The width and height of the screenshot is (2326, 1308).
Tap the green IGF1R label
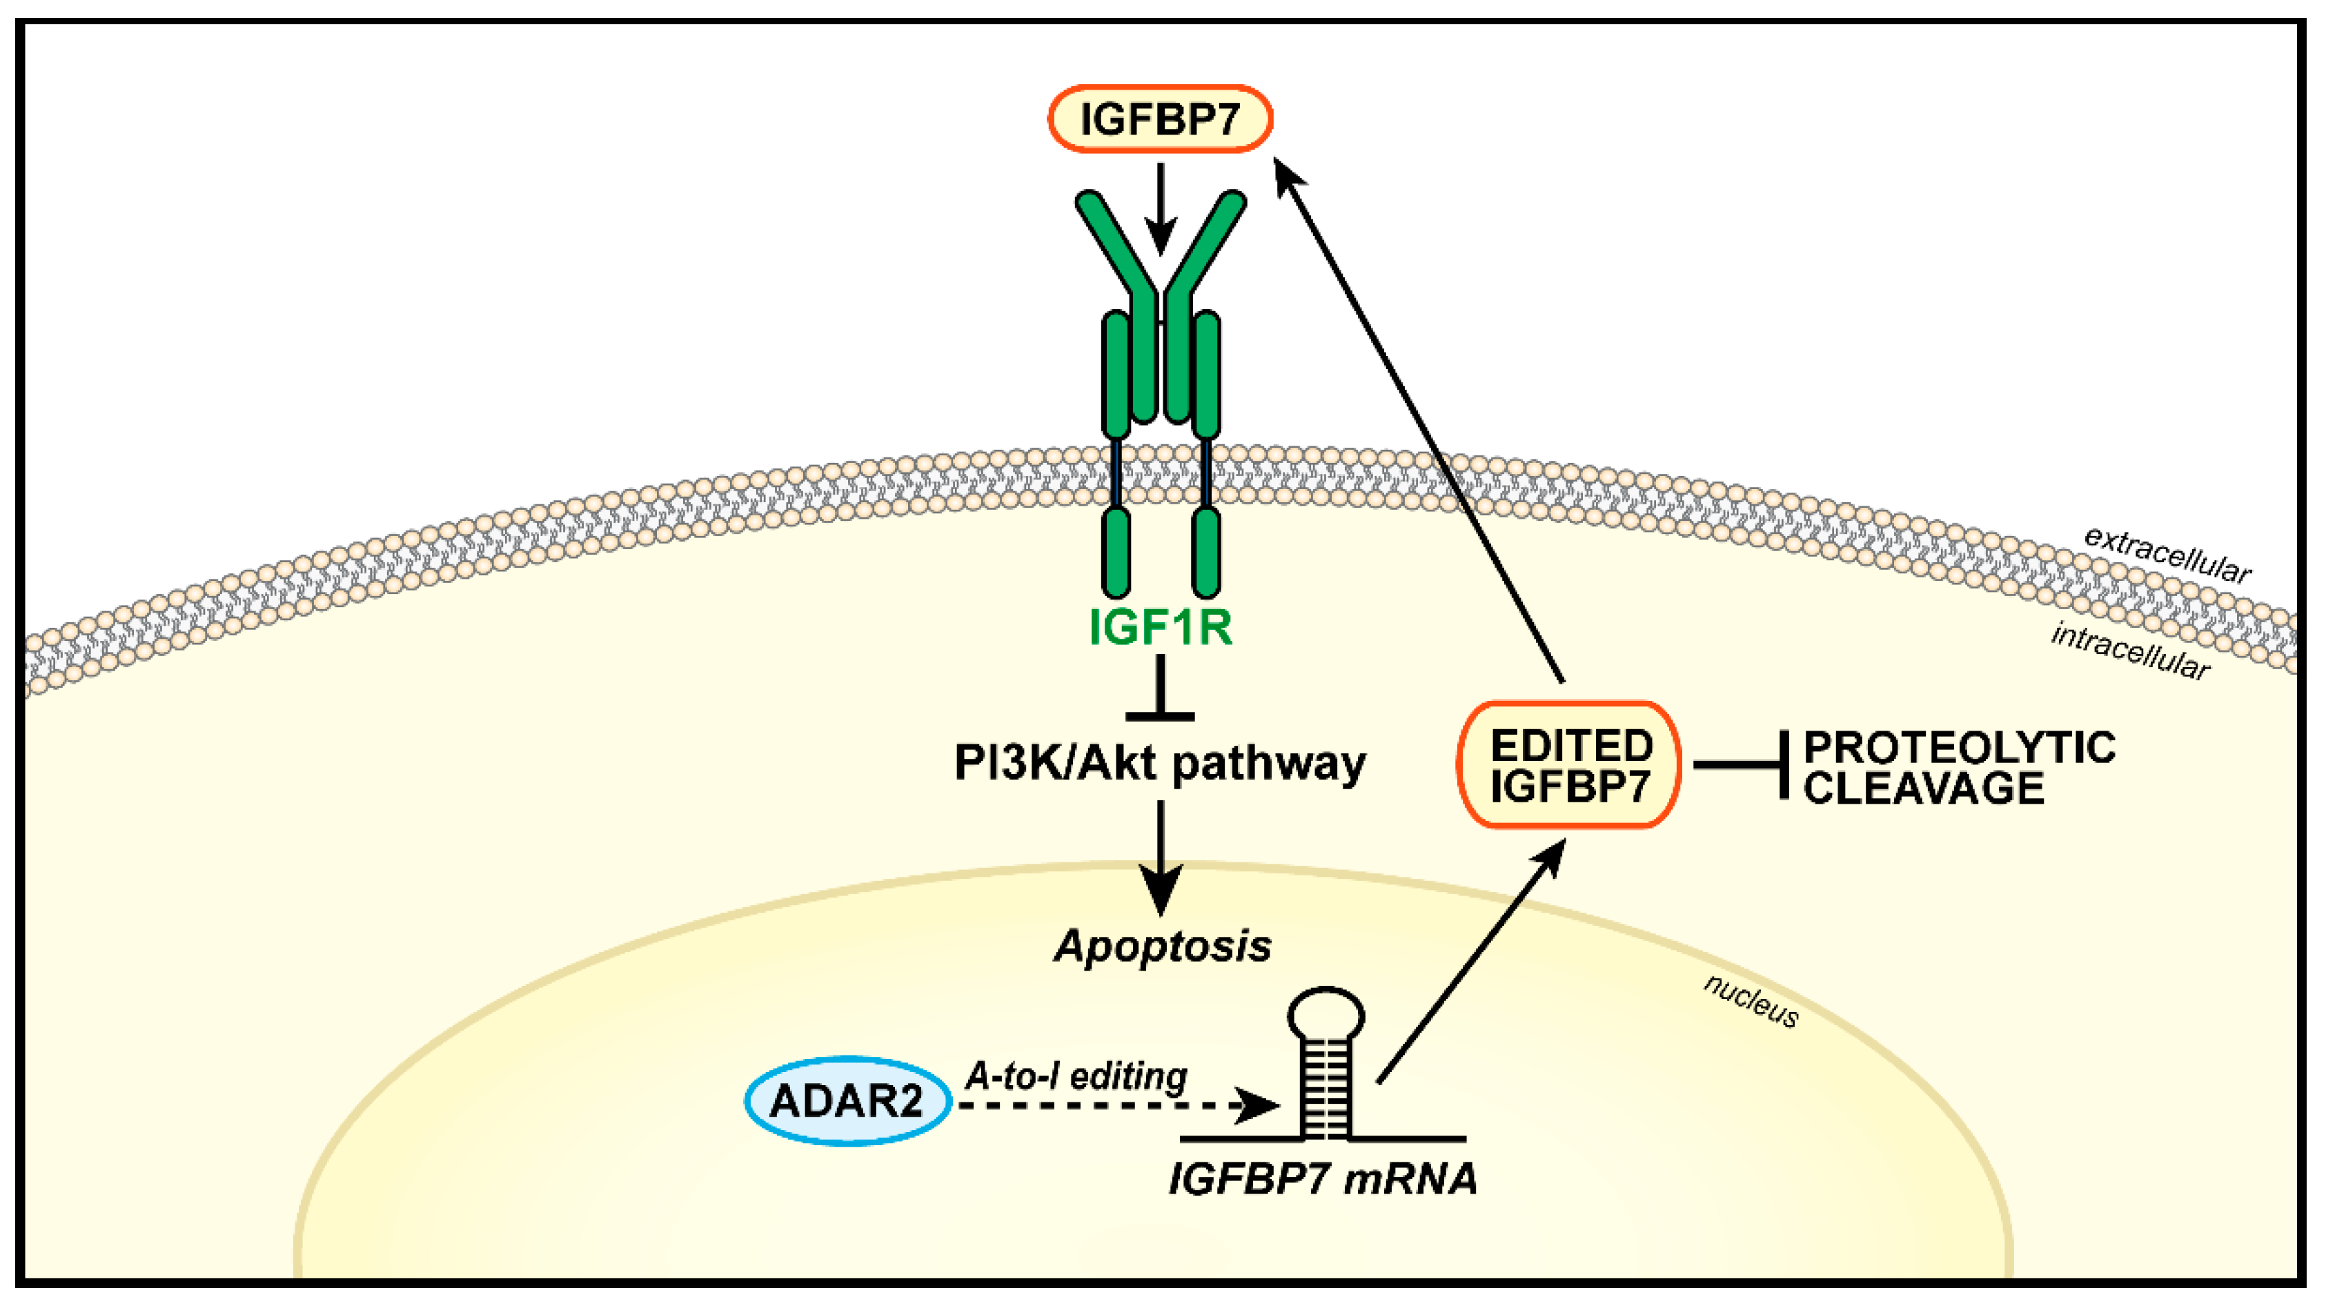point(1161,626)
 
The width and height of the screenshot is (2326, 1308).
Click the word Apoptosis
point(1163,946)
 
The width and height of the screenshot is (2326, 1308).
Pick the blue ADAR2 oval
point(847,1100)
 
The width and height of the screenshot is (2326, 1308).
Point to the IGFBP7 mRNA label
point(1322,1178)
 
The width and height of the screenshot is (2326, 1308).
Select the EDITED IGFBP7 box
point(1569,764)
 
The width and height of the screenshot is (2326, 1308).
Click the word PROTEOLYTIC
point(1960,747)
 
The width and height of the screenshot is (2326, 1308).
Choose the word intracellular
point(2129,651)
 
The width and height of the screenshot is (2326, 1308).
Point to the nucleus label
point(1752,1000)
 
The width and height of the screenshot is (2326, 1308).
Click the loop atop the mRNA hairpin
point(1325,1015)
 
